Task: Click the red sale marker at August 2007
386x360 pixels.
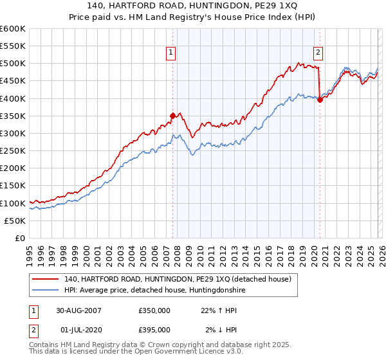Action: [172, 116]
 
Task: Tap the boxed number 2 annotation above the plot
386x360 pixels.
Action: [318, 53]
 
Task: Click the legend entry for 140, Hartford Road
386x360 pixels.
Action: [178, 279]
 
